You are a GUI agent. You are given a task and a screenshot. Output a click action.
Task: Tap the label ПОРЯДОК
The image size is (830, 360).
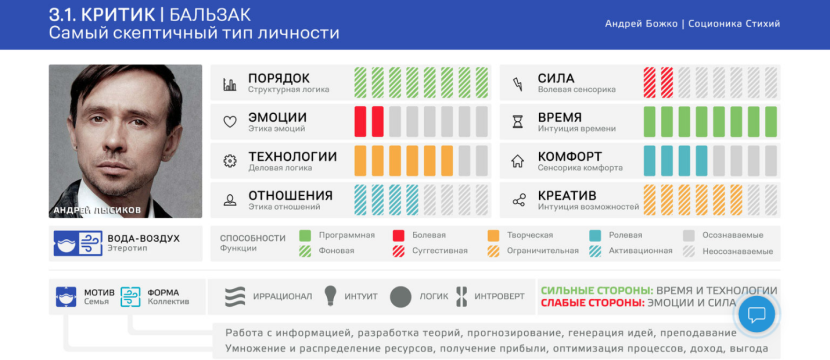pyautogui.click(x=279, y=78)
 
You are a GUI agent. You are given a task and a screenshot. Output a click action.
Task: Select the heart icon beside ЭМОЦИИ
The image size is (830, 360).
pyautogui.click(x=229, y=122)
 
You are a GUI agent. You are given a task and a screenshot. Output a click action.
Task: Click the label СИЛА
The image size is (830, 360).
pyautogui.click(x=556, y=78)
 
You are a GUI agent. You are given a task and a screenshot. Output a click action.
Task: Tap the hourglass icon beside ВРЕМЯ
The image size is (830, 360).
pyautogui.click(x=518, y=122)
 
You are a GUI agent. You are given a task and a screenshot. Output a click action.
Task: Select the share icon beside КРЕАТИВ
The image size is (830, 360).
pyautogui.click(x=518, y=200)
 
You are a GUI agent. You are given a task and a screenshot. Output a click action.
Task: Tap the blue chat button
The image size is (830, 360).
pyautogui.click(x=757, y=315)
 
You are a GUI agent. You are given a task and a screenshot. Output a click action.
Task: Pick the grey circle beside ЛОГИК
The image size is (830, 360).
pyautogui.click(x=401, y=296)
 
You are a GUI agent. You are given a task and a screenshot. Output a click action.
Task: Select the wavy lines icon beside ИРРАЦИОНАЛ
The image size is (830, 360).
pyautogui.click(x=235, y=296)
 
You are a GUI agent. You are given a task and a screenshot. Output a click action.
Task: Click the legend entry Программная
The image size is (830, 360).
pyautogui.click(x=346, y=235)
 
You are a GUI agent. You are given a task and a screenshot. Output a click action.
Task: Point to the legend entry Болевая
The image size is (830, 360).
pyautogui.click(x=430, y=235)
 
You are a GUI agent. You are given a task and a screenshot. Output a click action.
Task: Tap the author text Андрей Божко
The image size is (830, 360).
pyautogui.click(x=641, y=23)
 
